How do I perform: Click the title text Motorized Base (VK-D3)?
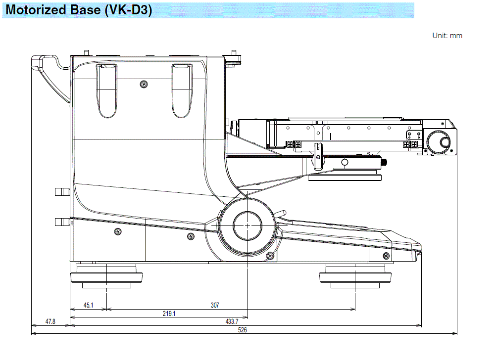click(79, 10)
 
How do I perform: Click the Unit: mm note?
click(447, 36)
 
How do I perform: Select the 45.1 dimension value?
click(88, 306)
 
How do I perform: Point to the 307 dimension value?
click(214, 306)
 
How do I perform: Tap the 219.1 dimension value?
click(169, 313)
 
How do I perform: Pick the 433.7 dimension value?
click(231, 321)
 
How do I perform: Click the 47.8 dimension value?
click(50, 321)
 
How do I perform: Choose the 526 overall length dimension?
click(243, 330)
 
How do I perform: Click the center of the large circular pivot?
click(247, 225)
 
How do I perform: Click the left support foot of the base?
click(107, 277)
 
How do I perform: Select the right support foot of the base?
click(356, 277)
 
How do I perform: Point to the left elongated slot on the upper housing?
click(107, 91)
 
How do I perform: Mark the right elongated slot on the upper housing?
click(182, 91)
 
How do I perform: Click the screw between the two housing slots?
click(144, 83)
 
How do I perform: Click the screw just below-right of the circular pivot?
click(270, 255)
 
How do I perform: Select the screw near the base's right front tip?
click(386, 255)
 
